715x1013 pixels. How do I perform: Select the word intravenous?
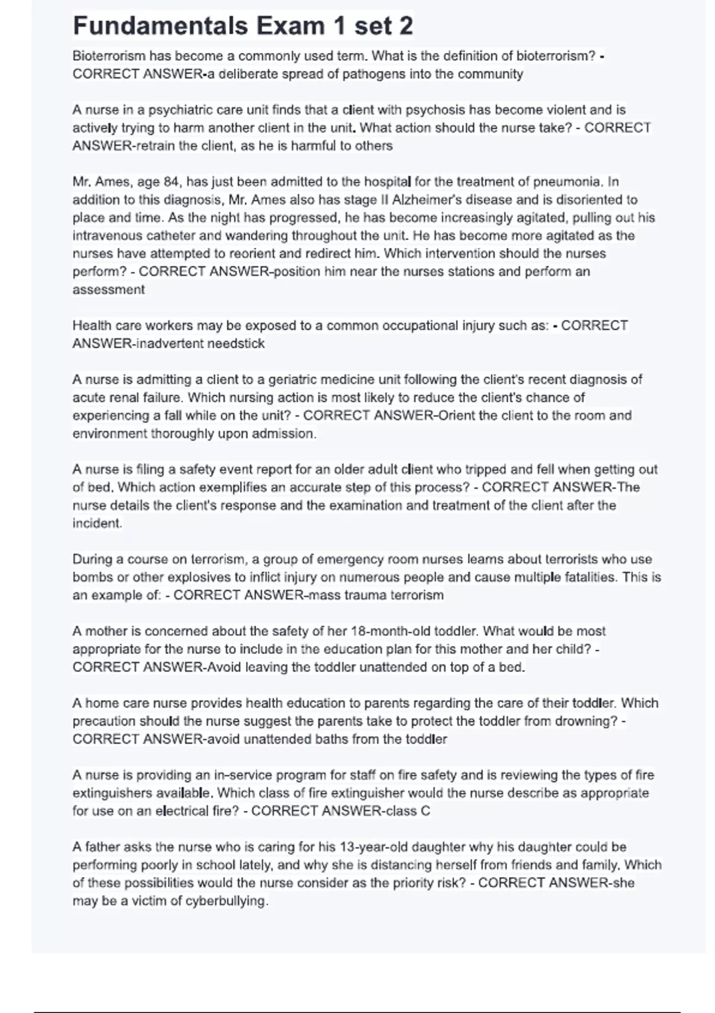click(x=108, y=236)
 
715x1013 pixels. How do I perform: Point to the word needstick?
click(x=236, y=344)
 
